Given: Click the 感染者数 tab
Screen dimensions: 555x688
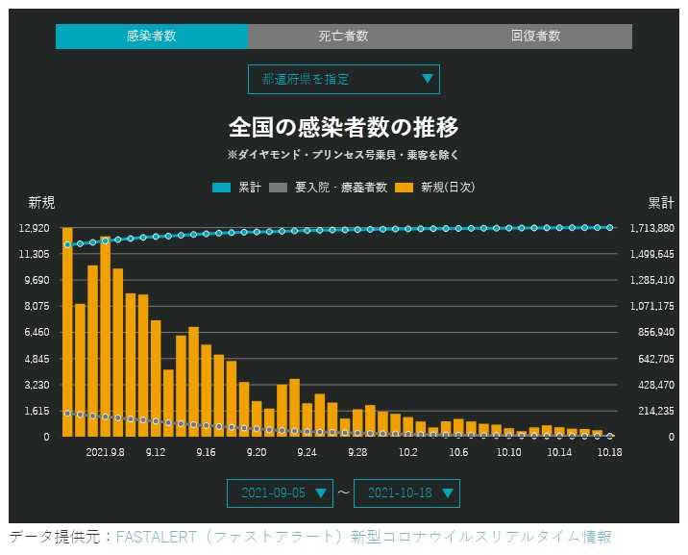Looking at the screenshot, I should click(151, 37).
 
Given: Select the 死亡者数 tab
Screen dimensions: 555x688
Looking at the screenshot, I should click(343, 37).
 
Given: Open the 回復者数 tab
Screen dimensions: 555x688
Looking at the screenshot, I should click(535, 37).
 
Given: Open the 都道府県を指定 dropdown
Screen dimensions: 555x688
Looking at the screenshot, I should click(343, 79).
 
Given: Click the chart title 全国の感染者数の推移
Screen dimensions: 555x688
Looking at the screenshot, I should click(343, 126).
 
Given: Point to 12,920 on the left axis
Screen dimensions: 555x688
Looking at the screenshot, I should click(34, 228).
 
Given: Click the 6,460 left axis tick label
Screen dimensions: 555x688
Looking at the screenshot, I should click(34, 332).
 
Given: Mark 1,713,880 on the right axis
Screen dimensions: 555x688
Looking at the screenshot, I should click(652, 228).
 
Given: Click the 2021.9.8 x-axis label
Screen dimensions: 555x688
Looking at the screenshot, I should click(105, 451).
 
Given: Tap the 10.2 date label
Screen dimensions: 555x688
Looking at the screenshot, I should click(407, 451).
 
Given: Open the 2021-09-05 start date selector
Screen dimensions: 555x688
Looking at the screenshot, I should click(280, 492).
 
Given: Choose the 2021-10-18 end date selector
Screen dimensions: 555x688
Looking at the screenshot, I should click(406, 492).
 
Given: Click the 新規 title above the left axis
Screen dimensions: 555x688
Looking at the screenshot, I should click(41, 202).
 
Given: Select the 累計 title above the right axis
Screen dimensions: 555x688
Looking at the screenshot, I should click(660, 202).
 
